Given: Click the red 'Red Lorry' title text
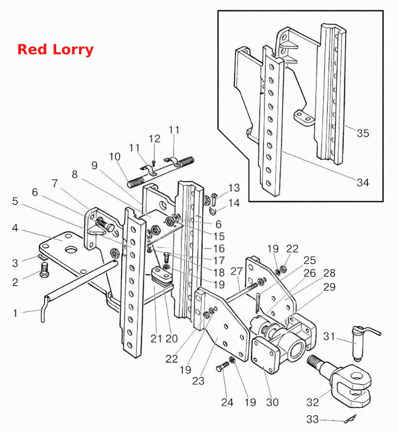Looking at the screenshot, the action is click(55, 50).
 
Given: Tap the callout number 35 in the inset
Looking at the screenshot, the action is click(363, 133).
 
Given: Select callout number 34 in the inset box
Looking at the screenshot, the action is click(363, 182).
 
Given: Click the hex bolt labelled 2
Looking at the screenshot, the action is click(44, 270).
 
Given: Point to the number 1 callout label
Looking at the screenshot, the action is click(16, 313).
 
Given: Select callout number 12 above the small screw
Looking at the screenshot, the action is click(154, 139).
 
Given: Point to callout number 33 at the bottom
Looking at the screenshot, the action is click(313, 419).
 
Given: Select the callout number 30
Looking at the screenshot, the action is click(272, 402).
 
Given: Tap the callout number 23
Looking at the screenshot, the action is click(198, 381).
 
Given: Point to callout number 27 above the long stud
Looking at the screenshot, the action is click(237, 271).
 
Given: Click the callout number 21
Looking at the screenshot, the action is click(156, 338).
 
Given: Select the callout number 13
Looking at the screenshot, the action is click(234, 188).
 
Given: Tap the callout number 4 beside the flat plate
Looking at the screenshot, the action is click(15, 228).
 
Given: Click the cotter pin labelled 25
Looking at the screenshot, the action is click(257, 303).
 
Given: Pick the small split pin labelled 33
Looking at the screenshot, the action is click(350, 419).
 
